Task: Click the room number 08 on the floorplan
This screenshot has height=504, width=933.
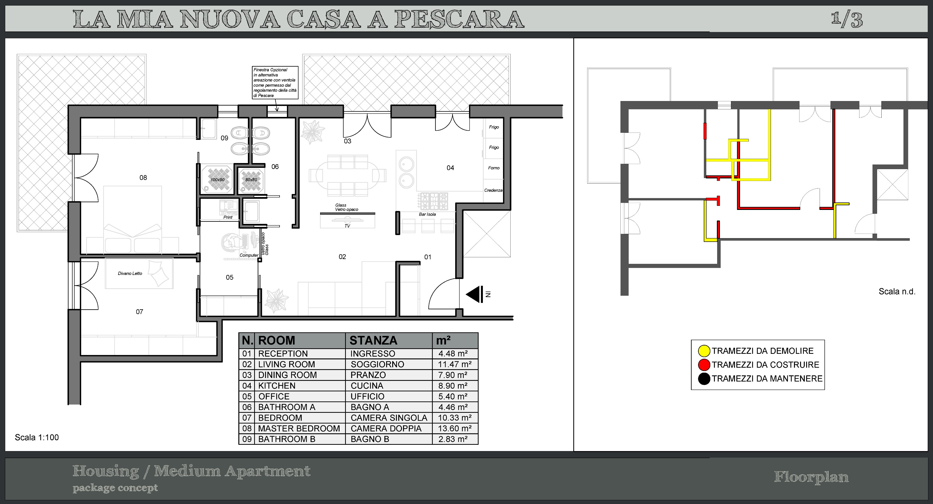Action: tap(143, 178)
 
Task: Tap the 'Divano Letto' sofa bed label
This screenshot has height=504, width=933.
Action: tap(130, 273)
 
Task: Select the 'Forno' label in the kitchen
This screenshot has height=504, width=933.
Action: tap(494, 168)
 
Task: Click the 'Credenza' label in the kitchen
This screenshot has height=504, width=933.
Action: tap(493, 190)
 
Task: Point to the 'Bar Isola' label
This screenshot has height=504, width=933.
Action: tap(427, 214)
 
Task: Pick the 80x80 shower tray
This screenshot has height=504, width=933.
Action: tap(251, 180)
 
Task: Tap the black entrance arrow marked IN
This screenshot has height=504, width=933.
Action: tap(473, 294)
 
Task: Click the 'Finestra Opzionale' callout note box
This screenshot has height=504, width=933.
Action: tap(275, 83)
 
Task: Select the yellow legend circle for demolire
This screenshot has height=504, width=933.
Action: tap(704, 351)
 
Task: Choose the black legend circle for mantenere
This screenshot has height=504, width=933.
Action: tap(704, 379)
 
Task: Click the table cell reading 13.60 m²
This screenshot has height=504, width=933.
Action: tap(455, 428)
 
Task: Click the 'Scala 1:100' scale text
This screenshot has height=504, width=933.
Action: tap(37, 437)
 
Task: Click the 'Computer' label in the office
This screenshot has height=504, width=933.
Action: tap(249, 255)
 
